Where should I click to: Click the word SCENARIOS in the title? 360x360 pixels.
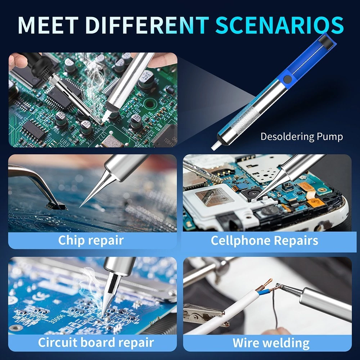coord(280,25)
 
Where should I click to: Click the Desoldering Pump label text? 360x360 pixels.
coord(302,136)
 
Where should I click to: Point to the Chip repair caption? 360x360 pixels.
coord(91,240)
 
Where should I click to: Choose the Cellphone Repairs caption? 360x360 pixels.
coord(265,240)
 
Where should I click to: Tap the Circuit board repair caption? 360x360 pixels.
coord(96,343)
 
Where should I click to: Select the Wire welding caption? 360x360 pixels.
coord(271,343)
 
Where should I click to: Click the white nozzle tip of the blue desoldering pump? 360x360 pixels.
coord(215,145)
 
